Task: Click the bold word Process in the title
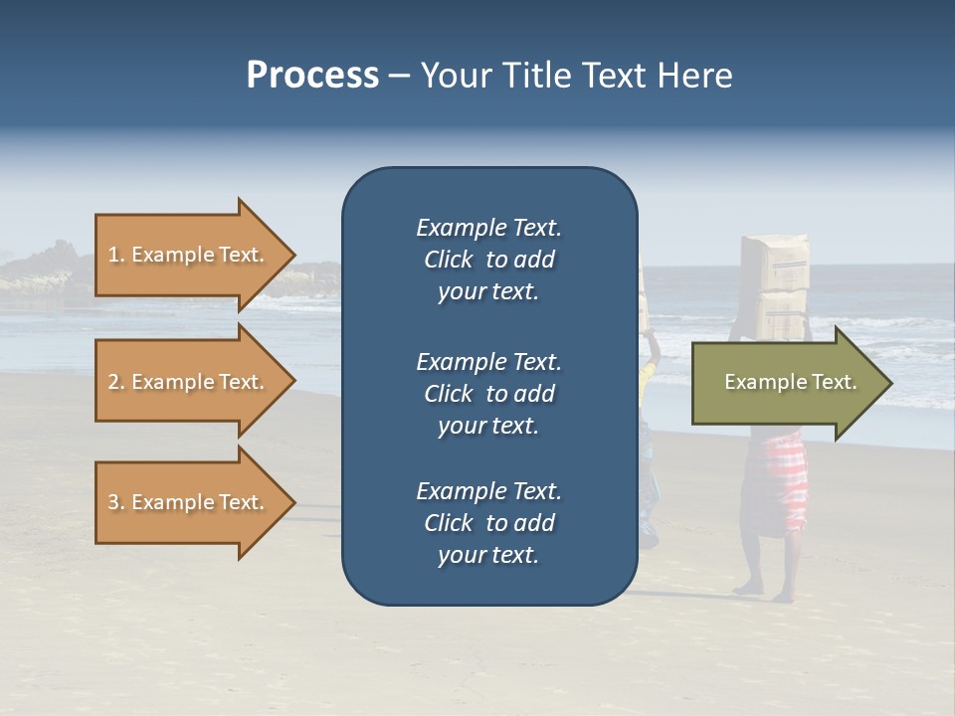[x=312, y=76]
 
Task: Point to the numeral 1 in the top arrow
[x=113, y=255]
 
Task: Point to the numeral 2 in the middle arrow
[x=113, y=382]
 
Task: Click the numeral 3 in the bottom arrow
[x=113, y=502]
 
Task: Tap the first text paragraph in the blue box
[x=488, y=260]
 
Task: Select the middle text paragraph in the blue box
[x=488, y=394]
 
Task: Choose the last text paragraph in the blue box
[x=488, y=523]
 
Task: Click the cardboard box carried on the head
[x=776, y=283]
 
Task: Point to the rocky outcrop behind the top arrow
[x=50, y=268]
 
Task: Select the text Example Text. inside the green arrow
[x=791, y=382]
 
